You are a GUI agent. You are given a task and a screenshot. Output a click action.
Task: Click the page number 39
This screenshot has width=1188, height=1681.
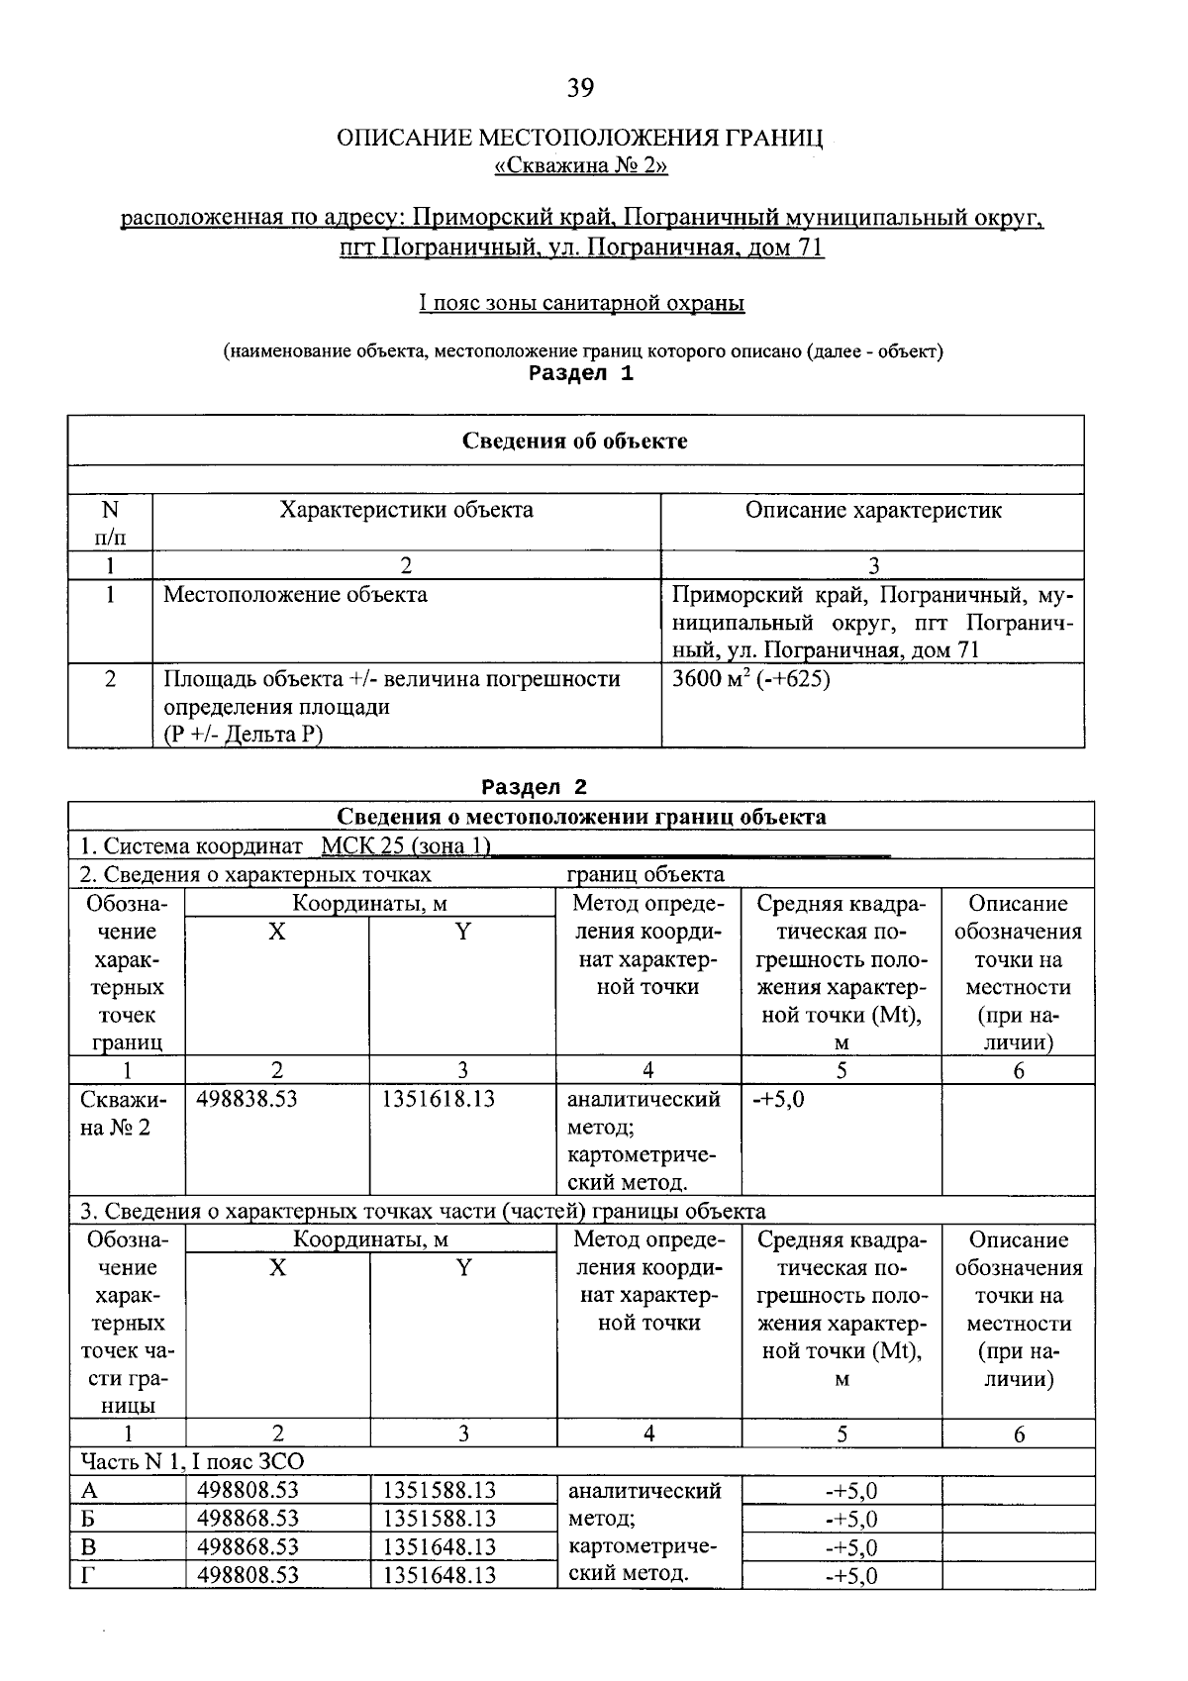[580, 89]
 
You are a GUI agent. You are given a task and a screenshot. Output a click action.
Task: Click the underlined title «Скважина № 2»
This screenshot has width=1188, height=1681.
[580, 165]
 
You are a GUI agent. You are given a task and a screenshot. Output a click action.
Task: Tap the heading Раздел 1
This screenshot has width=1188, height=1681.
[580, 373]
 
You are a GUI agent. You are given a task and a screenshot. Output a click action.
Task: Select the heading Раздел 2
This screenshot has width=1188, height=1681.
[534, 787]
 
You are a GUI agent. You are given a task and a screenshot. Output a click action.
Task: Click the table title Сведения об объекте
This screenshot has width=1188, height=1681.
[574, 441]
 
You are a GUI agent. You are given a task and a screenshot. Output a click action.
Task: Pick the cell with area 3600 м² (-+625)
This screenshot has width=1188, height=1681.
[750, 679]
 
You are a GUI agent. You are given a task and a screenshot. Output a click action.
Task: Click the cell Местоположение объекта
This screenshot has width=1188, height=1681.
[295, 595]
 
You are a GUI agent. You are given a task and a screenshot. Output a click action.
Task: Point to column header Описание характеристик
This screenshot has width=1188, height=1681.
[872, 510]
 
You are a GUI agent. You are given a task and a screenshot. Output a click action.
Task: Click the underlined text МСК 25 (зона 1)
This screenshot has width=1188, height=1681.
[406, 846]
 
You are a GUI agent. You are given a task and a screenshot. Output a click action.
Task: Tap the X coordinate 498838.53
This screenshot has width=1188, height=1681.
[247, 1099]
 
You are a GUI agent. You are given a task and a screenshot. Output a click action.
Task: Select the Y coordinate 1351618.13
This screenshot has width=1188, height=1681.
[439, 1099]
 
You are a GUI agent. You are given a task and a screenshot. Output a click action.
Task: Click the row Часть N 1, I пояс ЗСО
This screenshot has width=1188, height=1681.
[192, 1461]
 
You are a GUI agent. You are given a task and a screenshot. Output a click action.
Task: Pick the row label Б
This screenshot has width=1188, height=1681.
[88, 1519]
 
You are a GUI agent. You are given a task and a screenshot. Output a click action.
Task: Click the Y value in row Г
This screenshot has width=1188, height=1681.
[439, 1575]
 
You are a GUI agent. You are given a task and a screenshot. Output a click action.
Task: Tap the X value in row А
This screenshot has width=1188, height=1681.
[247, 1491]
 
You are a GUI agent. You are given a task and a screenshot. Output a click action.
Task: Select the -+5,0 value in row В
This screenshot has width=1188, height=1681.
[850, 1547]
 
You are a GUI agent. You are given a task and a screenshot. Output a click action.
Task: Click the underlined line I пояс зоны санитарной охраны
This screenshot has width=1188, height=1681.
[581, 303]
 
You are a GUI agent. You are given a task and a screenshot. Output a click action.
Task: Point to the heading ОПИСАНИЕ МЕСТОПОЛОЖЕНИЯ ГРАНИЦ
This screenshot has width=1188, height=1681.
[580, 138]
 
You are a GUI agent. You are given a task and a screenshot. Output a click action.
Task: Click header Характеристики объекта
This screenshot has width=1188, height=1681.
[406, 510]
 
